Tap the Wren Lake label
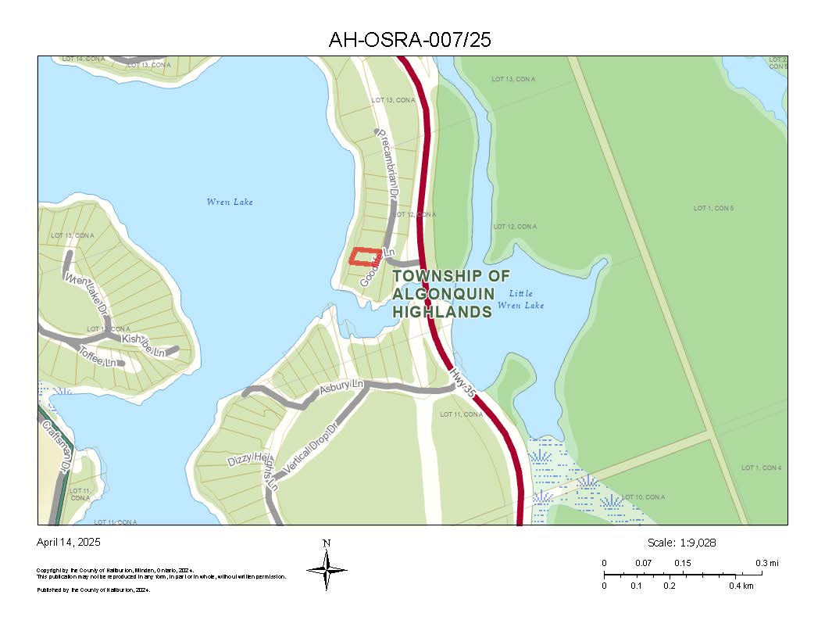230,203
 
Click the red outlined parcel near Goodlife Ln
366,256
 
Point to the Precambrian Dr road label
389,163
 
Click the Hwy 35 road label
462,385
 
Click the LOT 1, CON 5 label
713,208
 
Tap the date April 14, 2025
69,542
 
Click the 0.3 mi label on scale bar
766,563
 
